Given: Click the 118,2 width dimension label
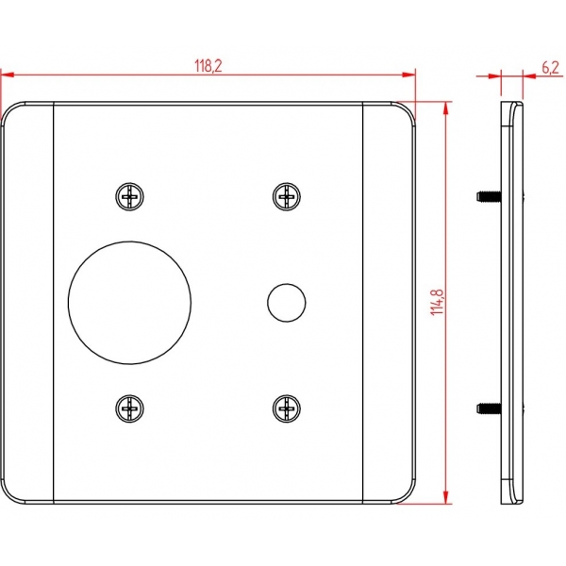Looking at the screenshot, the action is point(208,66).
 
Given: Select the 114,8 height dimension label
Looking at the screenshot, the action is point(437,302).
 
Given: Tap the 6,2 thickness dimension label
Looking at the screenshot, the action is point(551,68).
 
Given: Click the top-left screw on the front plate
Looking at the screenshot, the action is point(129,197).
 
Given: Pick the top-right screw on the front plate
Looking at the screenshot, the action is point(287,197).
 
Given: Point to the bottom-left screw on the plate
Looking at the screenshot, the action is point(129,408).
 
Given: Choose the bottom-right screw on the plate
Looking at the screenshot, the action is point(287,408).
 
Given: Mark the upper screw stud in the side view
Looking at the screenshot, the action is point(489,197).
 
